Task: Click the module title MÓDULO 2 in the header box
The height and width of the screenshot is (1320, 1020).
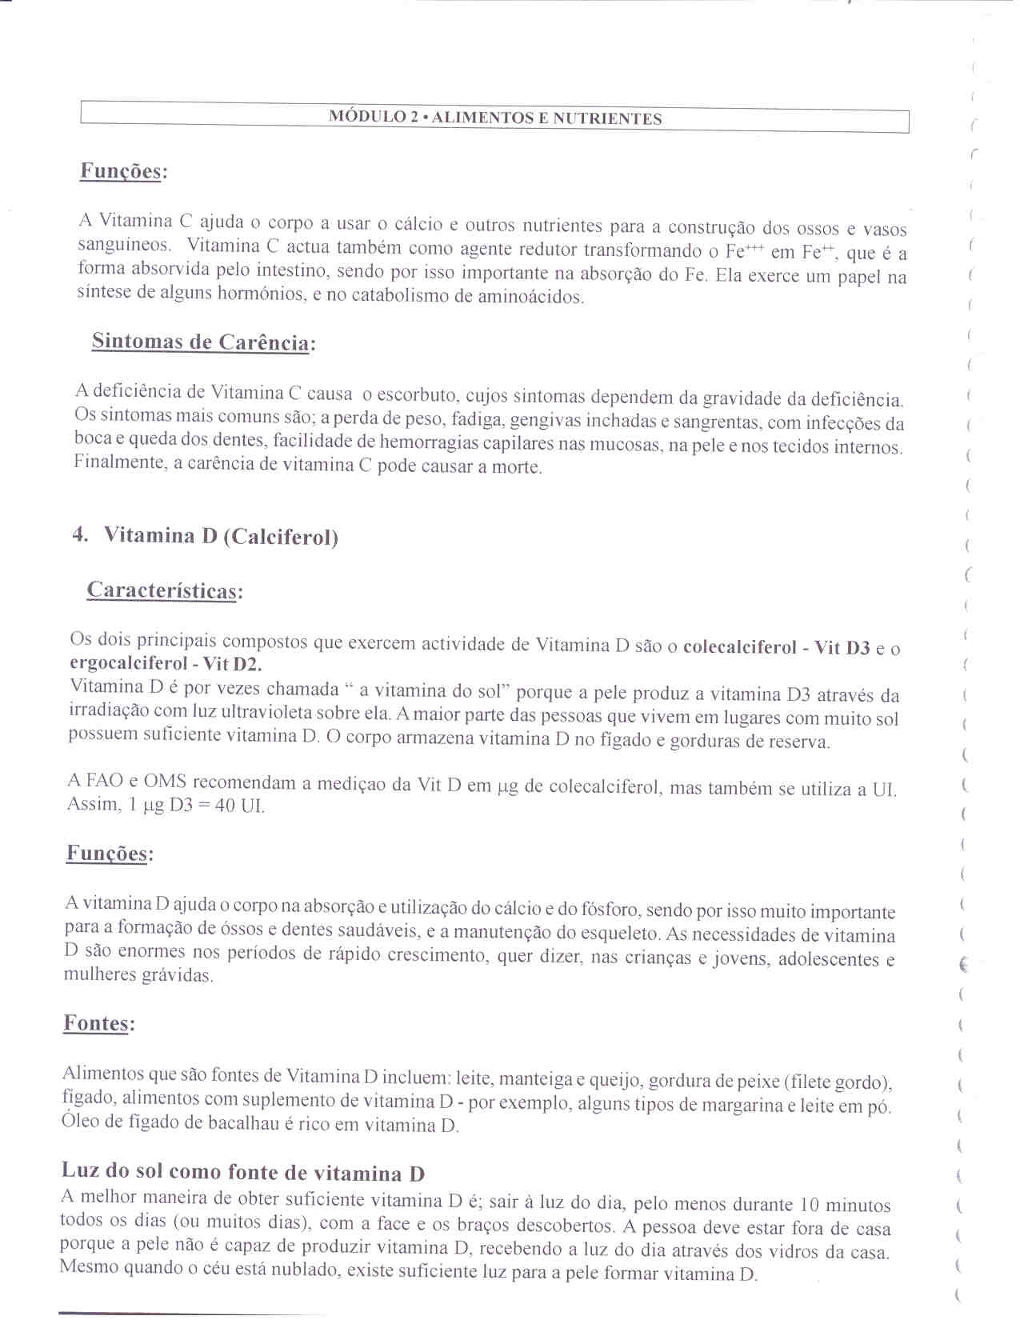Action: pyautogui.click(x=374, y=117)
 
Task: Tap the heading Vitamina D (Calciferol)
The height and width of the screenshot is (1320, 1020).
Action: pyautogui.click(x=221, y=535)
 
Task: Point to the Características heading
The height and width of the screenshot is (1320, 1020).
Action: pyautogui.click(x=164, y=590)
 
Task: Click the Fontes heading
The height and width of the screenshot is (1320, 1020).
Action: pyautogui.click(x=98, y=1023)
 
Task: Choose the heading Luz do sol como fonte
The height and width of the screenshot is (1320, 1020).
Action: pyautogui.click(x=242, y=1172)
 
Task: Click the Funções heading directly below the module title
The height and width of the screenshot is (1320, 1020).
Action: pyautogui.click(x=123, y=171)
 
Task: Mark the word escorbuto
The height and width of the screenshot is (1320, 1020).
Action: pyautogui.click(x=418, y=394)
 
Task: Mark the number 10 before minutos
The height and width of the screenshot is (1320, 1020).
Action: pyautogui.click(x=810, y=1205)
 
